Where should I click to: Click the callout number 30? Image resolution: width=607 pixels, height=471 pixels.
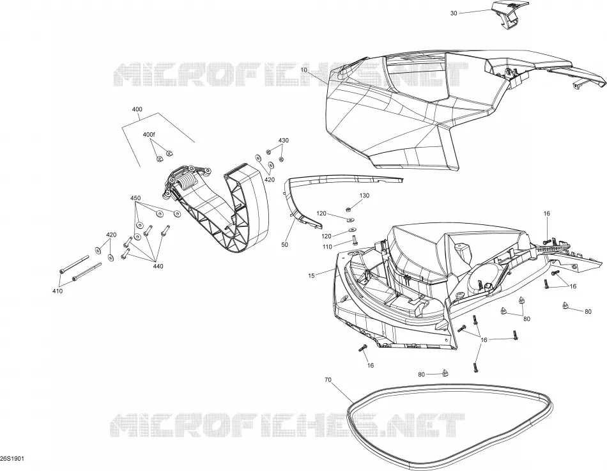(x=454, y=13)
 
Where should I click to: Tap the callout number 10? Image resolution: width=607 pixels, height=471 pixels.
(x=303, y=70)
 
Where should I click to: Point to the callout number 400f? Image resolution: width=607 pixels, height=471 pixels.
(x=149, y=134)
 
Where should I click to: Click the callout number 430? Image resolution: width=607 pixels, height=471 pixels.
(x=283, y=140)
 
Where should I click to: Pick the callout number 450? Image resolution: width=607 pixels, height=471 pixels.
(x=135, y=198)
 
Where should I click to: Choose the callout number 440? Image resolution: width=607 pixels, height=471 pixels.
(x=158, y=266)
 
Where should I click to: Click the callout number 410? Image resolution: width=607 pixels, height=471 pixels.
(x=58, y=291)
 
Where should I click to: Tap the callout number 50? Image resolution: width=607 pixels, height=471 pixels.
(x=284, y=245)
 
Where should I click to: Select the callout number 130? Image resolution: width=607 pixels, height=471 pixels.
(x=364, y=196)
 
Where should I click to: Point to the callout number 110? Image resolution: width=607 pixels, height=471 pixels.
(x=327, y=247)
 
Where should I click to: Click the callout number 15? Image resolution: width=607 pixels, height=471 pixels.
(x=311, y=276)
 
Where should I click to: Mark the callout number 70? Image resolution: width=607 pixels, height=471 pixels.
(x=328, y=380)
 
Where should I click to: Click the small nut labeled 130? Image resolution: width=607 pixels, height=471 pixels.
(x=348, y=210)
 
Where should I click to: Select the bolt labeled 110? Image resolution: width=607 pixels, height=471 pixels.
(x=354, y=242)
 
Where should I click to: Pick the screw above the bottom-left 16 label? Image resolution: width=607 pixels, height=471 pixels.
(x=364, y=348)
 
